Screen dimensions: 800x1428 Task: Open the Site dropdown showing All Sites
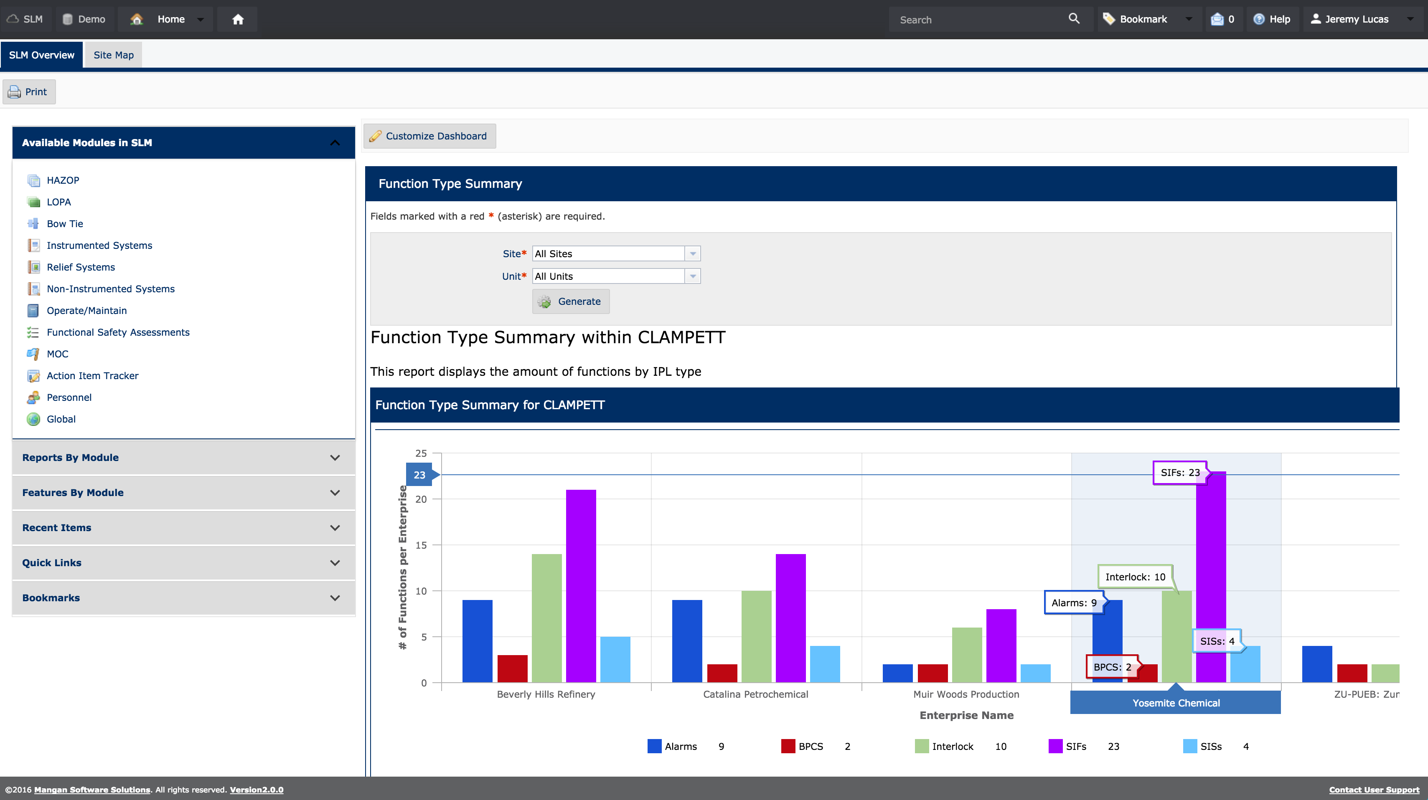click(x=615, y=254)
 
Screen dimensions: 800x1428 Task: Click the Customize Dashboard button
click(x=429, y=136)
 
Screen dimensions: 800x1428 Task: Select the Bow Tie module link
click(x=65, y=224)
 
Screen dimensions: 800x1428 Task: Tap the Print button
click(x=29, y=92)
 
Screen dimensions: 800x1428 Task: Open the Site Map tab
click(x=113, y=55)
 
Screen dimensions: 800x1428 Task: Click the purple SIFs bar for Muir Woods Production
click(x=1001, y=646)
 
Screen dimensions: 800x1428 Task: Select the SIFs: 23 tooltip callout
click(x=1180, y=473)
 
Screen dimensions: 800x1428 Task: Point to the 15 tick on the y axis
click(x=421, y=545)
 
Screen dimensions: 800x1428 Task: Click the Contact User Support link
click(x=1374, y=790)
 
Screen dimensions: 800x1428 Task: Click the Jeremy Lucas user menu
click(x=1356, y=19)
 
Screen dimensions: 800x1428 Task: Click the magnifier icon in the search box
click(x=1074, y=19)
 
